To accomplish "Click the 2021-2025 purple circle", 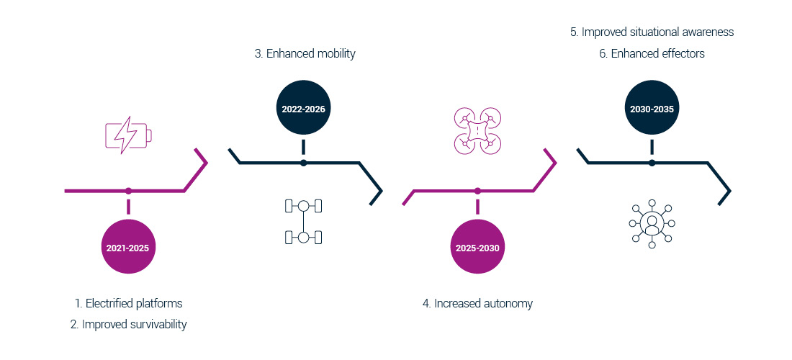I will coord(128,247).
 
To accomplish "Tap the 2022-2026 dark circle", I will coord(303,109).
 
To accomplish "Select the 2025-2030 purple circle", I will coord(477,247).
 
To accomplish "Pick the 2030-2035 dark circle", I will coord(652,109).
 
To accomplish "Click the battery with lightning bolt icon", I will coord(129,134).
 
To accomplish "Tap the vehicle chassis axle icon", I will coord(303,222).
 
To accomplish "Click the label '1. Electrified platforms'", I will coord(128,303).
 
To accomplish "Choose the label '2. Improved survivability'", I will coord(128,324).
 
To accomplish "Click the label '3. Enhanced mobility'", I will coord(305,53).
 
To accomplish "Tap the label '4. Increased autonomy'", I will coord(477,303).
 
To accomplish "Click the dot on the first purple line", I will coord(128,191).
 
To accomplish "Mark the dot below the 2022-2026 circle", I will coord(303,163).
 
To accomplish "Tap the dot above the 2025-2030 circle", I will coord(477,191).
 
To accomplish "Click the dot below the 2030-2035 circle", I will coord(652,163).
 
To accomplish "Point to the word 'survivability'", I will coord(153,324).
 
